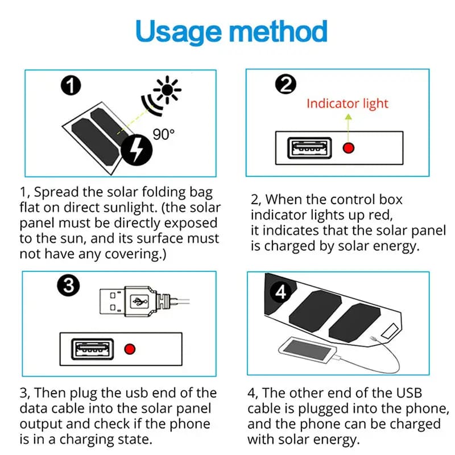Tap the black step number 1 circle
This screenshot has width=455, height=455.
[71, 86]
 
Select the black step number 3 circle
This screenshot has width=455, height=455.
[69, 287]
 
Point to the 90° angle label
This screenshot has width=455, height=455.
[164, 134]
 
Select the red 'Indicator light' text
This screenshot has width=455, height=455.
[347, 104]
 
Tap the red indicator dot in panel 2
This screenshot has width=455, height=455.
[349, 148]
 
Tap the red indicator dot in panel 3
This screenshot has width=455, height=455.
[130, 348]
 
